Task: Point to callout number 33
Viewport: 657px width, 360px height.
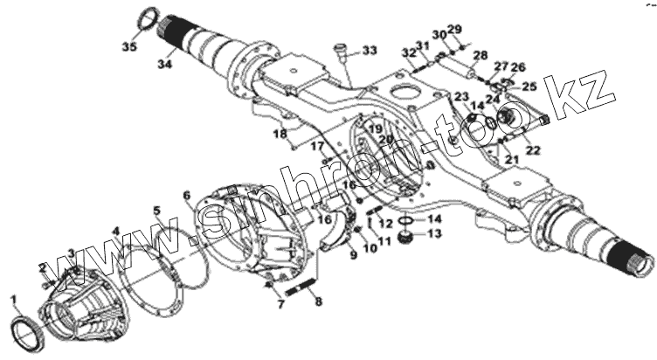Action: [370, 52]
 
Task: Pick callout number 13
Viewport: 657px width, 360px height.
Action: [435, 234]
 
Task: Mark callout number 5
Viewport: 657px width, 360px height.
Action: [156, 211]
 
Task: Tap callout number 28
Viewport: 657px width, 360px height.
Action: [480, 56]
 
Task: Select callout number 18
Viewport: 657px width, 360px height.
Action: [280, 134]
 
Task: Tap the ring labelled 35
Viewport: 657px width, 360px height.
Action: [151, 18]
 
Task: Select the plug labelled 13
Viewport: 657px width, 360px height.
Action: [405, 237]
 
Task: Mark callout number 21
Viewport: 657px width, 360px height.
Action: [511, 159]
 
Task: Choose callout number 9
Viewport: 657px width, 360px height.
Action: [352, 254]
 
